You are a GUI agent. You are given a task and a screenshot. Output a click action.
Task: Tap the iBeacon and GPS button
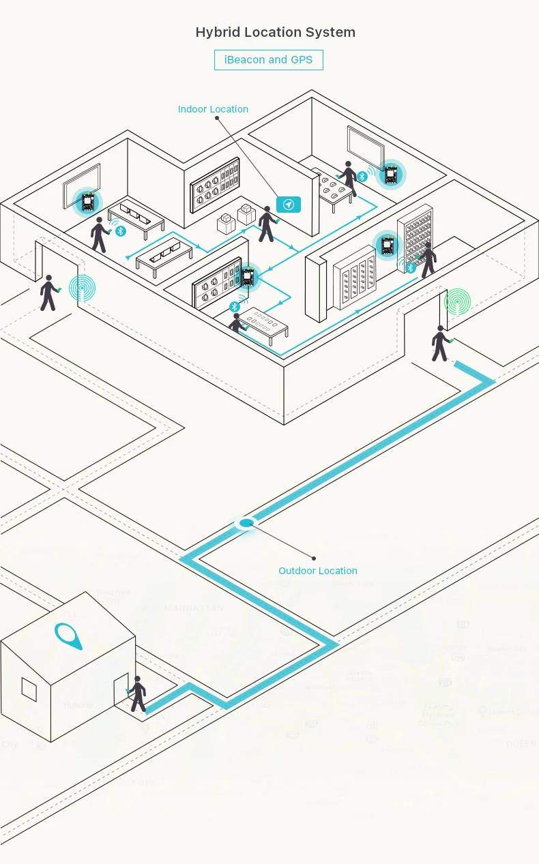pos(268,60)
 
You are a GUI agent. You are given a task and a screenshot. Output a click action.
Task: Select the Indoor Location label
pos(213,109)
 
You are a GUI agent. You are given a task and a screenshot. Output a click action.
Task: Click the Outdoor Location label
pos(317,571)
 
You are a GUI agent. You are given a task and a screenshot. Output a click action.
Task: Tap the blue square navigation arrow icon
pos(289,205)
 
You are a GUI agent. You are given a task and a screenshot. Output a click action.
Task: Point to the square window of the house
pos(29,689)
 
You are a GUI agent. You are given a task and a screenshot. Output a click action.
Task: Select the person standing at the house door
pos(138,694)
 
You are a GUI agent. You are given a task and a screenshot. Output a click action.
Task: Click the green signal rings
pos(457,301)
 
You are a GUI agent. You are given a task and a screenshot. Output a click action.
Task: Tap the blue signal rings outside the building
pos(83,288)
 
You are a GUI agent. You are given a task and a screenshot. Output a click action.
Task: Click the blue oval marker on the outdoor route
pos(246,523)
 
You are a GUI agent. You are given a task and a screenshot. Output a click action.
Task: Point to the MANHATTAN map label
pos(194,608)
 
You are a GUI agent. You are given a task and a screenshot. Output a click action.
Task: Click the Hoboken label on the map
pos(78,704)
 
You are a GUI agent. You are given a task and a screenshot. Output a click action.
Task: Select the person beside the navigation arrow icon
pos(265,224)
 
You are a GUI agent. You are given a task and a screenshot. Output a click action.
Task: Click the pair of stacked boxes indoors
pos(235,218)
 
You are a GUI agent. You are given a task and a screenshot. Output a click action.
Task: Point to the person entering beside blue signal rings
pos(48,293)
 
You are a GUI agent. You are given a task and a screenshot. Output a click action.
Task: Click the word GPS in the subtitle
pos(301,60)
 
